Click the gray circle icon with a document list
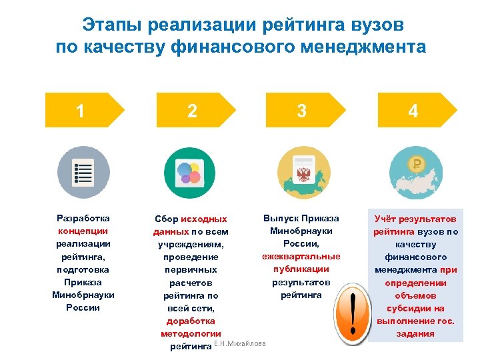pos(83,171)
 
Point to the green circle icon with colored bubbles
pos(189,171)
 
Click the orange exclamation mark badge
pos(351,314)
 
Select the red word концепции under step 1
pos(83,231)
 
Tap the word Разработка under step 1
pos(83,218)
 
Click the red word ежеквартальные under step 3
pos(301,257)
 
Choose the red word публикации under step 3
pos(301,269)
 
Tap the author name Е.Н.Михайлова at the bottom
pos(239,344)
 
